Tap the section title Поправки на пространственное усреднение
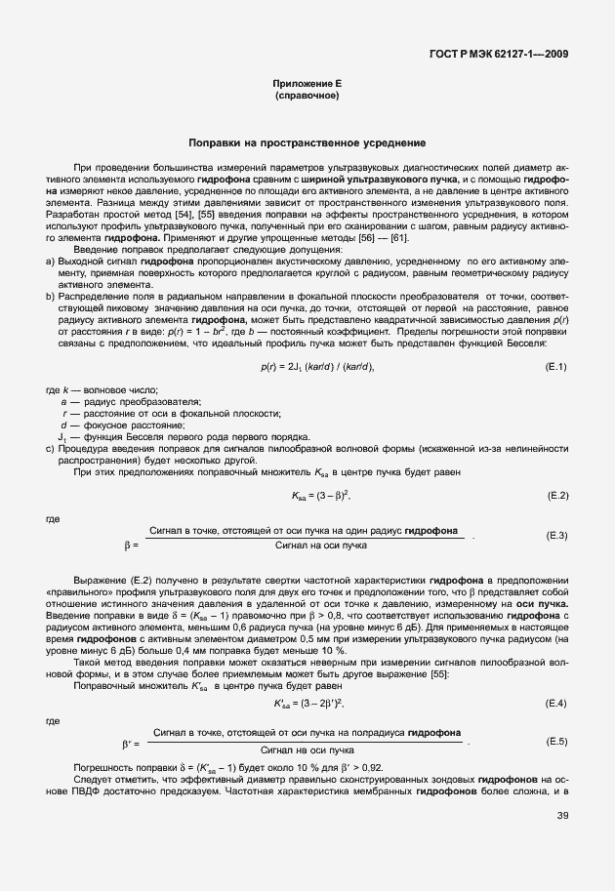[307, 142]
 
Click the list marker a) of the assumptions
[51, 262]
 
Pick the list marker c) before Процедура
[51, 447]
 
